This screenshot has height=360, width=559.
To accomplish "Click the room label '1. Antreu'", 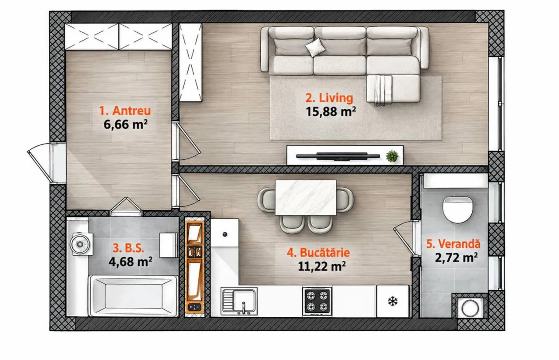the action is (x=125, y=111).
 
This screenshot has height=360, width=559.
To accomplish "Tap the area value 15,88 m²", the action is (x=331, y=111).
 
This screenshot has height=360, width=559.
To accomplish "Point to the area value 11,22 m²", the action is (x=322, y=266).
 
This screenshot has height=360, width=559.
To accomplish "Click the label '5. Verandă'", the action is (x=453, y=244).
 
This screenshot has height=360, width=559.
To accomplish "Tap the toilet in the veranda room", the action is (x=458, y=209).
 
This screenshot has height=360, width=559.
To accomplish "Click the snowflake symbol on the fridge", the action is (x=393, y=301).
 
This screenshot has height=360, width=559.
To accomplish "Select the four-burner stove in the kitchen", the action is (x=317, y=301).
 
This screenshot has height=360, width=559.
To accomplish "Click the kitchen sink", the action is (x=239, y=301).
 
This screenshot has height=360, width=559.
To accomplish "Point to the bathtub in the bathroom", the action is (x=134, y=296).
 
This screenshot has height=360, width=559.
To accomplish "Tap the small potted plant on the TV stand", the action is (x=392, y=156).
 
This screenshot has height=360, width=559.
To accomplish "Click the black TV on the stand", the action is (x=338, y=156).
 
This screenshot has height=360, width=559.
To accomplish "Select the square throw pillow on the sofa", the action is (x=315, y=48).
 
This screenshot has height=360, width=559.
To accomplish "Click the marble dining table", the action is (x=306, y=197).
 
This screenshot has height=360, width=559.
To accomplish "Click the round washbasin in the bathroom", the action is (x=80, y=243).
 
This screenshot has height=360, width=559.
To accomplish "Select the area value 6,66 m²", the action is (x=125, y=124).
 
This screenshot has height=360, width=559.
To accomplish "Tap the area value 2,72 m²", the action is (x=456, y=257).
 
